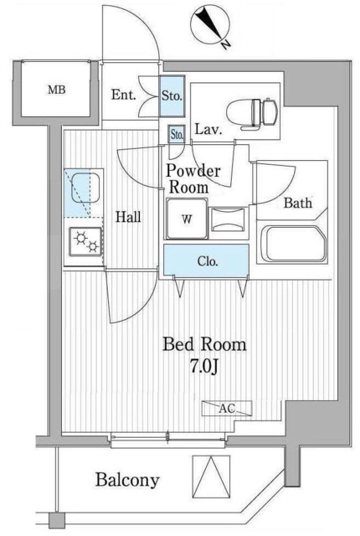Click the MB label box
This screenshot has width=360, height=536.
pyautogui.click(x=56, y=90)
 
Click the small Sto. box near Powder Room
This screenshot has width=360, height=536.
pyautogui.click(x=177, y=134)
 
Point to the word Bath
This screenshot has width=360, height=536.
pyautogui.click(x=299, y=203)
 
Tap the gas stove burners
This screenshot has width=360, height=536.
pyautogui.click(x=86, y=243)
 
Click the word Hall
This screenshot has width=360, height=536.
pyautogui.click(x=128, y=217)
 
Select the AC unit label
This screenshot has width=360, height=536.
pyautogui.click(x=225, y=409)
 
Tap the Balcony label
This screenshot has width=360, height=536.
pyautogui.click(x=127, y=480)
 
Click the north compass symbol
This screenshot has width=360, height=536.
pyautogui.click(x=211, y=25)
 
